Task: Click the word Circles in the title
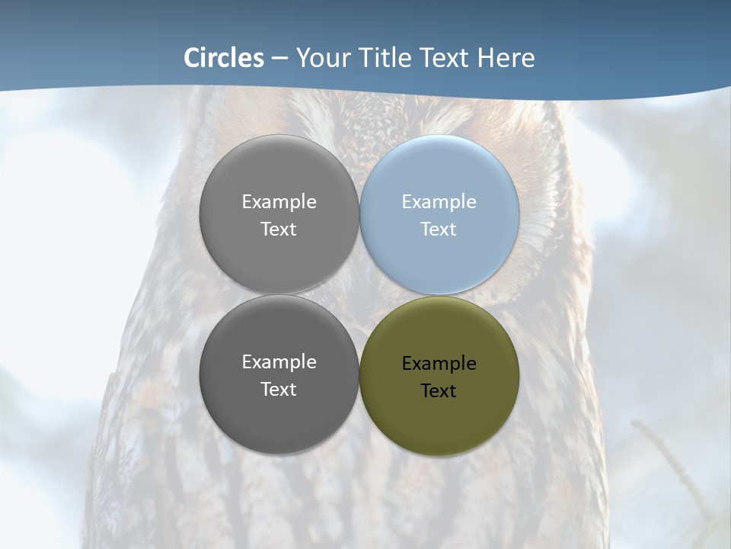224,58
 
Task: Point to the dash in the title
279,59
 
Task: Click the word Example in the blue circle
439,202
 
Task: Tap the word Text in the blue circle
439,230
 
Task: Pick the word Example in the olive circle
439,364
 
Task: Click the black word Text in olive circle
439,391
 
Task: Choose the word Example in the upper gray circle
279,202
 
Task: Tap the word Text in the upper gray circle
279,230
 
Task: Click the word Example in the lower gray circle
279,362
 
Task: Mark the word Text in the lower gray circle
279,390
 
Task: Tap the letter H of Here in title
486,58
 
